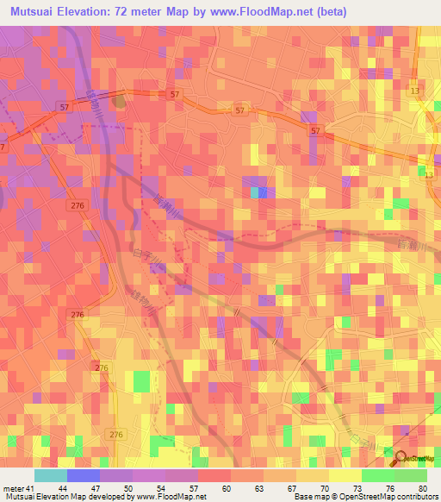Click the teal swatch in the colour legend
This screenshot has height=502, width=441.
click(51, 476)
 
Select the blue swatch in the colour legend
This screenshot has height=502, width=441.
click(84, 476)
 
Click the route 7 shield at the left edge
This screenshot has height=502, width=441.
click(3, 148)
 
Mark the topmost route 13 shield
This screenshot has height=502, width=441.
click(416, 91)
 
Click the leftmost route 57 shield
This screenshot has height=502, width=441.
click(64, 106)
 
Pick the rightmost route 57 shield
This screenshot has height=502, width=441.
click(315, 130)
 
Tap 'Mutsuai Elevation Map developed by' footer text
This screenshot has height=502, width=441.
click(59, 497)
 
